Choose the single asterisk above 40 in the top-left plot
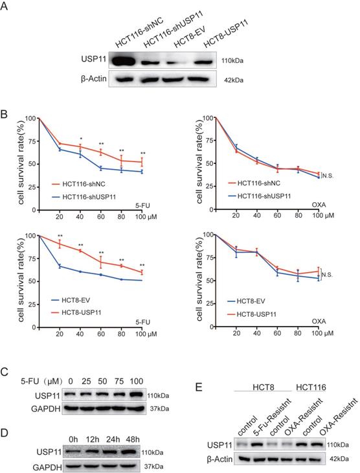point(81,138)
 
